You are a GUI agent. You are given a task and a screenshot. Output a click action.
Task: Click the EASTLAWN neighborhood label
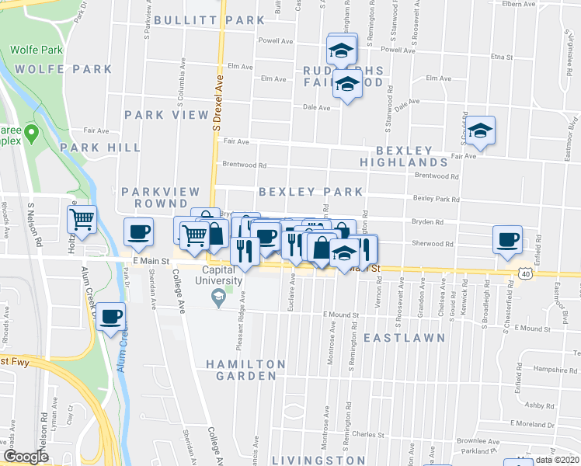coord(404,338)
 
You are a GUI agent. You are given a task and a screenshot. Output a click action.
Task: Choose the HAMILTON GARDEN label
coord(245,370)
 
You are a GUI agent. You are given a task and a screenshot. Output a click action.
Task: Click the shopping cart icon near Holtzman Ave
coord(82,218)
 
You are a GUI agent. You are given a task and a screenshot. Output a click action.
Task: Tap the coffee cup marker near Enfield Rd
coord(508,239)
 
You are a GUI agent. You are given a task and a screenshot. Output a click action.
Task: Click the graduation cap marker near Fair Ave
coord(480,130)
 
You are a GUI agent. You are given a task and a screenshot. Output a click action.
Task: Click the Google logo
coord(26,456)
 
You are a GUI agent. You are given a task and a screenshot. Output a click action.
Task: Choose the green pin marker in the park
coord(31,134)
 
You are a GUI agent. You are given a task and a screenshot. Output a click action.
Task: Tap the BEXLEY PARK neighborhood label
coord(310,191)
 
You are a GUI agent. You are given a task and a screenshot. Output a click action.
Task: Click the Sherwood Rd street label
coord(431,243)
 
